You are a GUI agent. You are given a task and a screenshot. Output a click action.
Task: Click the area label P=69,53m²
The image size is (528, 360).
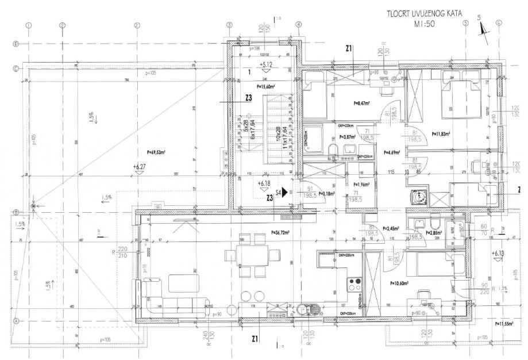[x=156, y=153]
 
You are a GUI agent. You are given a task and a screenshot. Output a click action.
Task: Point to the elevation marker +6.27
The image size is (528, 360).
[x=140, y=166]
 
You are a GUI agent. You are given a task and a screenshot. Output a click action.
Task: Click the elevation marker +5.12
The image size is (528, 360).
[x=265, y=64]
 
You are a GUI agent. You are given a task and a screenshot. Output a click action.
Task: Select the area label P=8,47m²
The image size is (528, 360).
[x=363, y=104]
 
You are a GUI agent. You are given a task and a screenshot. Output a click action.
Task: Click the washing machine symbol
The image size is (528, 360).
[x=420, y=196]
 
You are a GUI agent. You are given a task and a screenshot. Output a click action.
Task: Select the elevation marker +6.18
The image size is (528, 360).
[x=265, y=183]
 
